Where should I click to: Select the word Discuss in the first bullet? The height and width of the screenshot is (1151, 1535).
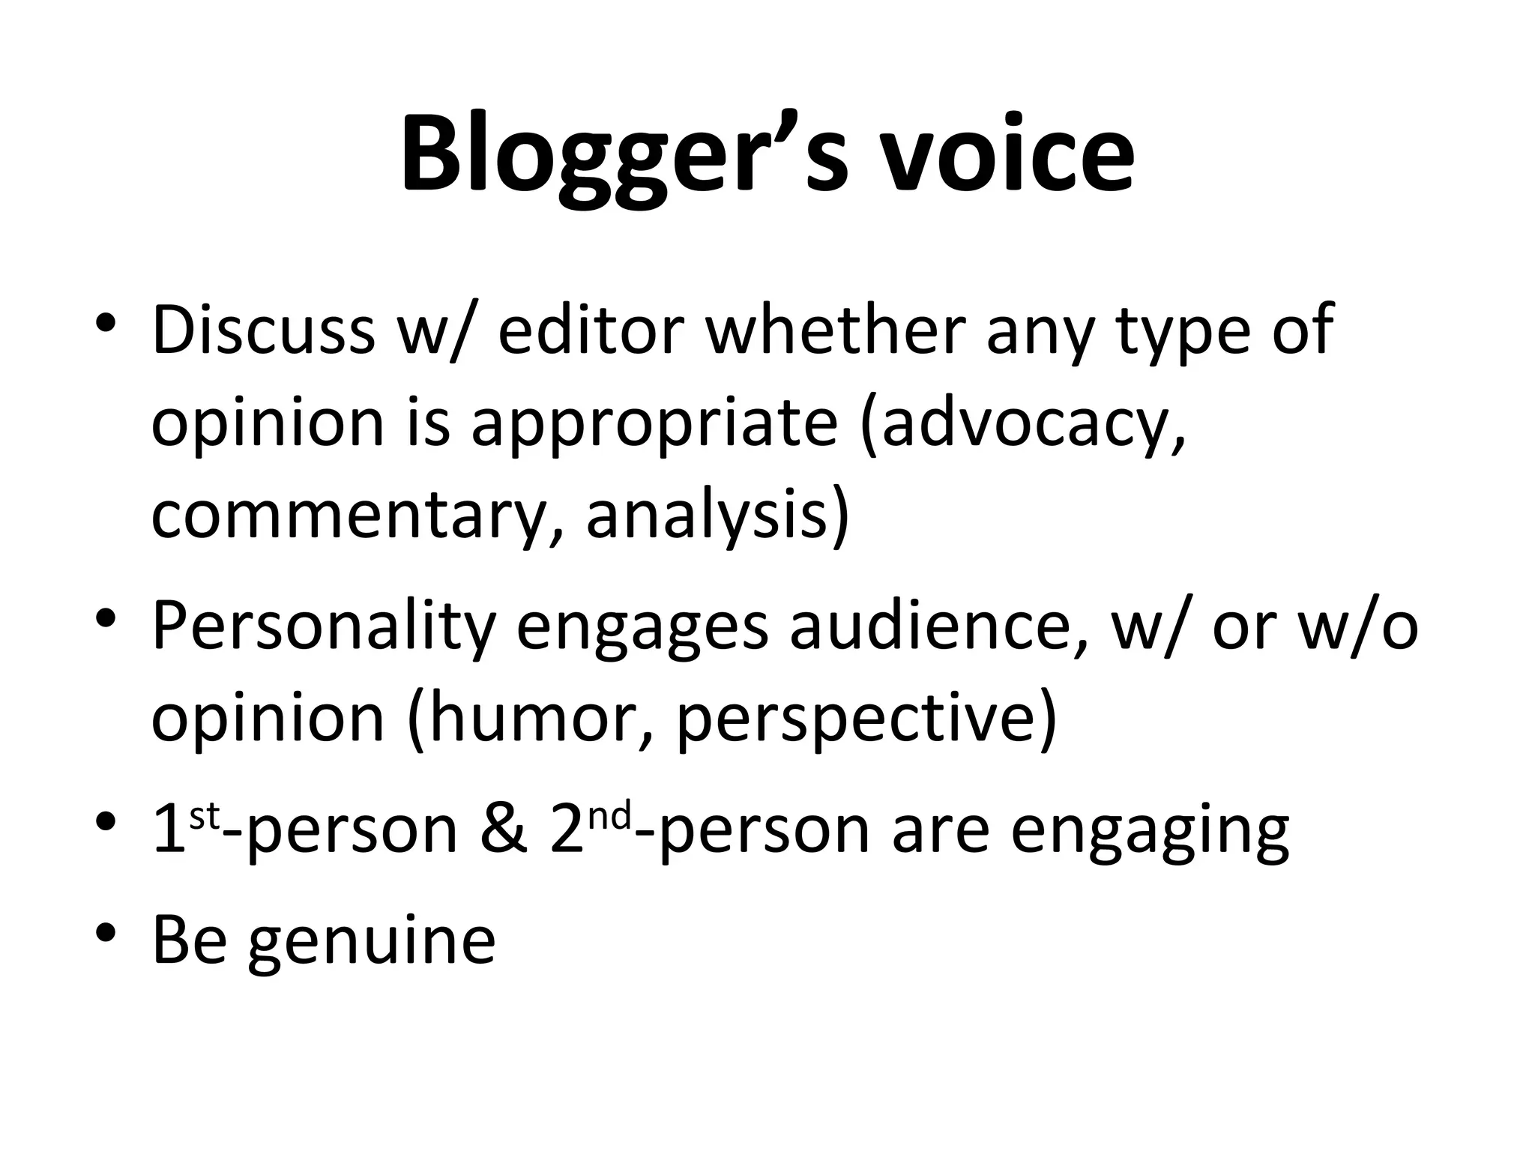click(263, 330)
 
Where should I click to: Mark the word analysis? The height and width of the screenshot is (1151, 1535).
click(716, 516)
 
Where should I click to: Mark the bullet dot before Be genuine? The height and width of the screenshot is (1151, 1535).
click(106, 934)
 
